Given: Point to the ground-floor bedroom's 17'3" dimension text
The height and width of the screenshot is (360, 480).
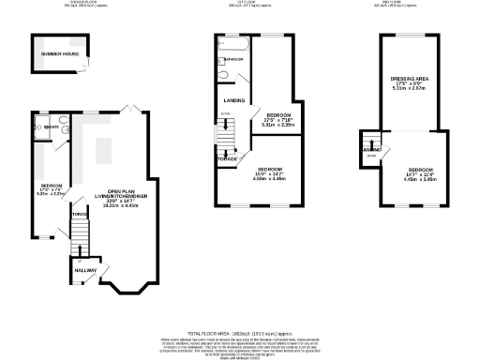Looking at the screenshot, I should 51,191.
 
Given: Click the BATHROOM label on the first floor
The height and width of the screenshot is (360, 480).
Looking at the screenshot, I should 232,60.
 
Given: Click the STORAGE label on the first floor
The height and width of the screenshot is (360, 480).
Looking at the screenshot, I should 228,158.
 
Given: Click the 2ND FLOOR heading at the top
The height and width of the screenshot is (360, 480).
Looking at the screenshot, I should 409,3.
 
